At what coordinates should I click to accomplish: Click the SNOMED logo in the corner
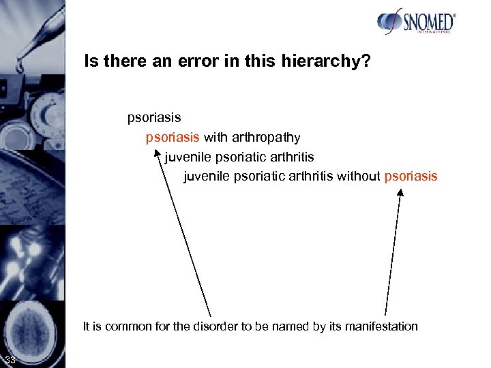click(x=416, y=22)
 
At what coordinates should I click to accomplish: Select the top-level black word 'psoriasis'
click(x=154, y=118)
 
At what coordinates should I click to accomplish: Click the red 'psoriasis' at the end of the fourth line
click(x=411, y=177)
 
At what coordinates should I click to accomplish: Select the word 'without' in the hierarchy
click(x=359, y=177)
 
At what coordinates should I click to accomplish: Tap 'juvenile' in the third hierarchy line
click(x=188, y=157)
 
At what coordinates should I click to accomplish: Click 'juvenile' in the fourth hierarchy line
click(x=207, y=177)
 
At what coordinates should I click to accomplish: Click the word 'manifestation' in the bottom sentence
click(x=383, y=326)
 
